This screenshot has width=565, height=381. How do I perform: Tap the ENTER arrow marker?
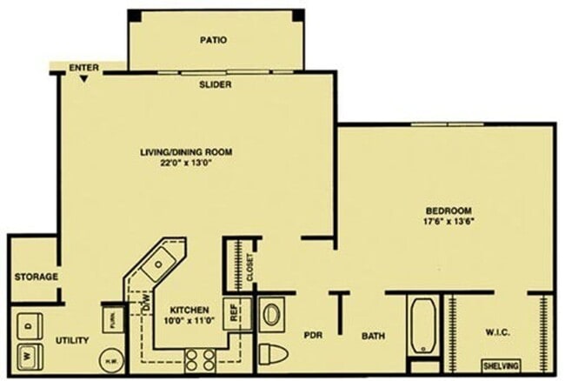pyautogui.click(x=83, y=78)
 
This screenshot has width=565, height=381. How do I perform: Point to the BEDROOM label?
pyautogui.click(x=448, y=211)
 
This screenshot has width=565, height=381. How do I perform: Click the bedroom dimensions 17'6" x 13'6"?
pyautogui.click(x=448, y=222)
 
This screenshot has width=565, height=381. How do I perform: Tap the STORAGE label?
pyautogui.click(x=36, y=277)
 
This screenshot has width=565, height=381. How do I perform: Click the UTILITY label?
pyautogui.click(x=72, y=340)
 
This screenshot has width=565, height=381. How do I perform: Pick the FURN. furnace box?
pyautogui.click(x=112, y=318)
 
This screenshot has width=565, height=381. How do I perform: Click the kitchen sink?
pyautogui.click(x=160, y=264)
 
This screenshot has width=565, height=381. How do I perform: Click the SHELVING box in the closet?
pyautogui.click(x=503, y=365)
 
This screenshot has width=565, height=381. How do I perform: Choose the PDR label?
pyautogui.click(x=313, y=333)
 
